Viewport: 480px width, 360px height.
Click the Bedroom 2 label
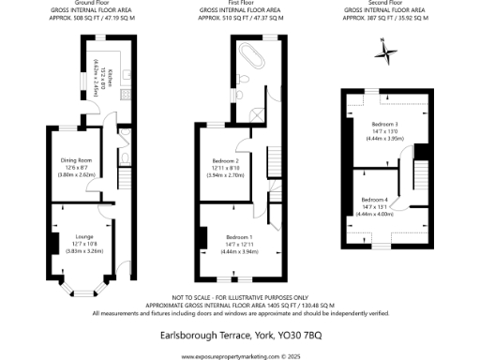pyautogui.click(x=225, y=161)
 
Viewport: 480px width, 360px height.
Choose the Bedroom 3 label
pyautogui.click(x=384, y=124)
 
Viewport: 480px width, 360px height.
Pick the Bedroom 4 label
pyautogui.click(x=376, y=199)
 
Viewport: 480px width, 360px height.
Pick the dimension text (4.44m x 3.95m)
pyautogui.click(x=384, y=139)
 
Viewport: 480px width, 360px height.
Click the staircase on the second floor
pyautogui.click(x=422, y=173)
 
